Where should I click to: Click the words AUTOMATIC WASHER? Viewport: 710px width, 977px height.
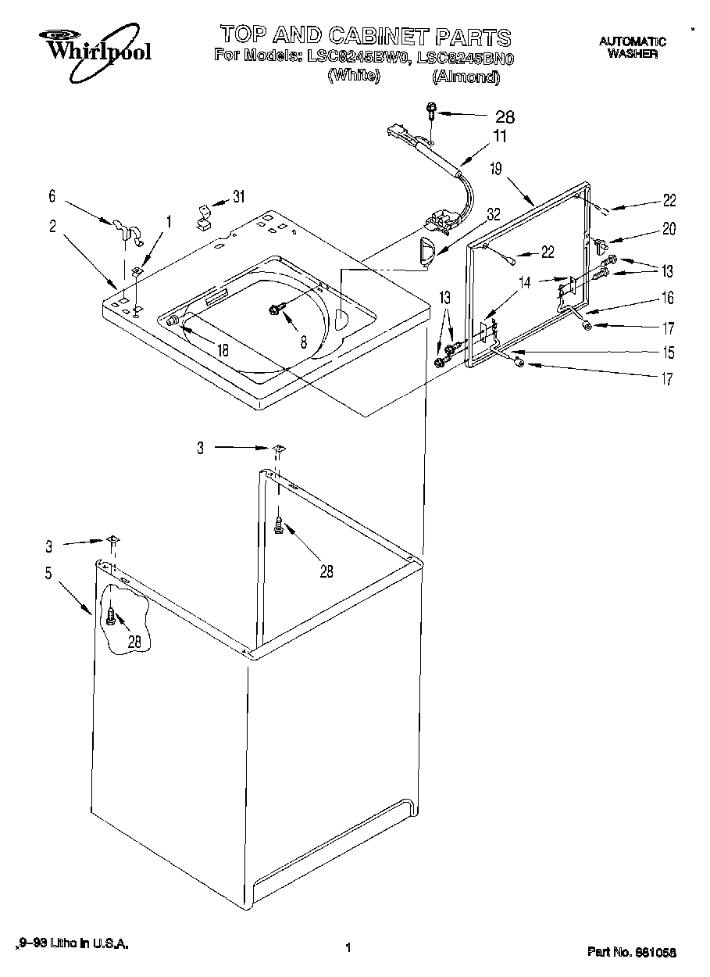pos(632,48)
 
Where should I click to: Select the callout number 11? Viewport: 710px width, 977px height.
pos(499,136)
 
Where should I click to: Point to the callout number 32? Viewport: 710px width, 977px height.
pos(493,213)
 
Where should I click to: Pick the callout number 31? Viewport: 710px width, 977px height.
pos(239,196)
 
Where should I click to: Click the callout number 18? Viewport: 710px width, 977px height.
pos(223,350)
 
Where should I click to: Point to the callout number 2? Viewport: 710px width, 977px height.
pos(52,227)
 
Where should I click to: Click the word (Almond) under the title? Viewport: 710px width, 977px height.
pos(465,77)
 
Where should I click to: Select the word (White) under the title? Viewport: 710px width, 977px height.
pos(353,76)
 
